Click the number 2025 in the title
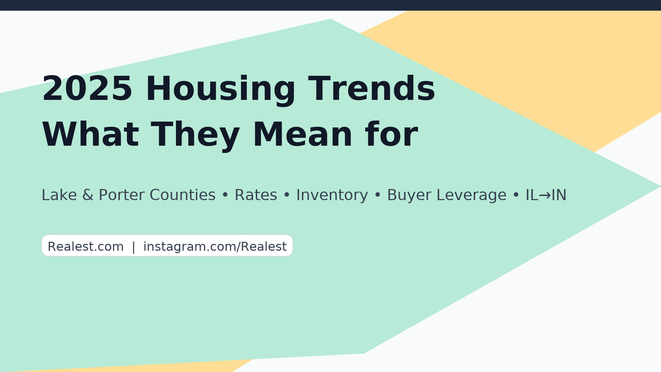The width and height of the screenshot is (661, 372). pyautogui.click(x=87, y=89)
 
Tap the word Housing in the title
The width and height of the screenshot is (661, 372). pyautogui.click(x=221, y=90)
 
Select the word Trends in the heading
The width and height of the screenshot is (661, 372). pyautogui.click(x=372, y=89)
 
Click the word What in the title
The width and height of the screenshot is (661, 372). pyautogui.click(x=91, y=135)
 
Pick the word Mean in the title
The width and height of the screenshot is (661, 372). pyautogui.click(x=303, y=135)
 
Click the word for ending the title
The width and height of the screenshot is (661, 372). pyautogui.click(x=392, y=134)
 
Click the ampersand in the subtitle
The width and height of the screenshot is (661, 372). pyautogui.click(x=88, y=195)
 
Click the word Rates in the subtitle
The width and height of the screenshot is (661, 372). pyautogui.click(x=256, y=195)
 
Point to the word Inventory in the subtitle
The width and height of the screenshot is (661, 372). pyautogui.click(x=332, y=196)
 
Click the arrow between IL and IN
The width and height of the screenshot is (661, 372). pyautogui.click(x=545, y=196)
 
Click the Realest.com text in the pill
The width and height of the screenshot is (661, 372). pyautogui.click(x=86, y=247)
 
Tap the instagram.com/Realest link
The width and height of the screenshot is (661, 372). pyautogui.click(x=215, y=247)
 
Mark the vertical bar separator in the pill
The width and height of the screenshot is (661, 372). pyautogui.click(x=134, y=247)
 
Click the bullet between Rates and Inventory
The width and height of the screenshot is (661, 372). pyautogui.click(x=287, y=195)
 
